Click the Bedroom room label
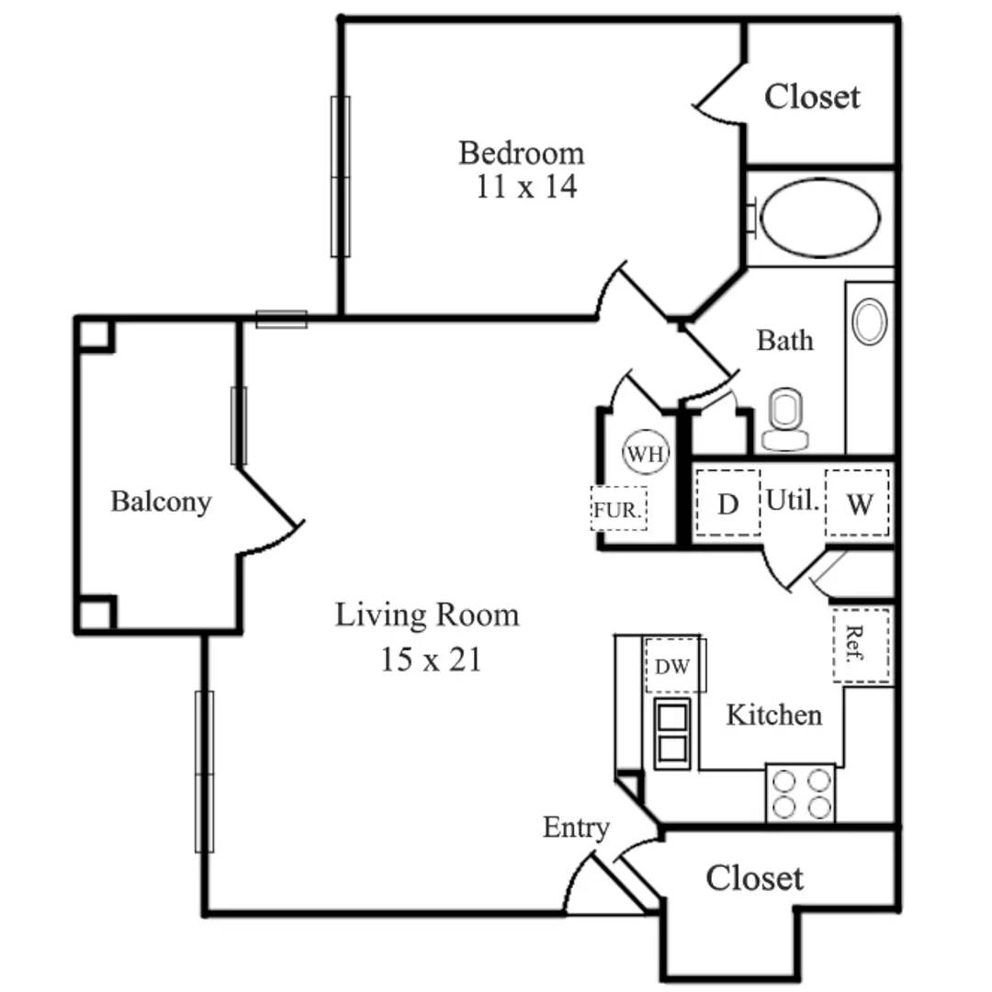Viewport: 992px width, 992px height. pyautogui.click(x=521, y=152)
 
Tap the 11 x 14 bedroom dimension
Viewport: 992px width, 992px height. pyautogui.click(x=526, y=187)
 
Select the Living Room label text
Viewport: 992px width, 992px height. pyautogui.click(x=426, y=614)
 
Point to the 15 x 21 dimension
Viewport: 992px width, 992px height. pyautogui.click(x=431, y=659)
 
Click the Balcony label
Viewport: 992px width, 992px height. pyautogui.click(x=161, y=502)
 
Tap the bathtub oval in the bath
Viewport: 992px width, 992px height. pyautogui.click(x=820, y=218)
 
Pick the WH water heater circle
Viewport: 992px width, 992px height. pyautogui.click(x=647, y=453)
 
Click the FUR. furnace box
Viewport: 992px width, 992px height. pyautogui.click(x=618, y=510)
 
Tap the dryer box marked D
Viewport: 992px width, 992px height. pyautogui.click(x=727, y=503)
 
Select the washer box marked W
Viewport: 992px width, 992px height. pyautogui.click(x=857, y=503)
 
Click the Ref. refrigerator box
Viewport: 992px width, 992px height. pyautogui.click(x=862, y=645)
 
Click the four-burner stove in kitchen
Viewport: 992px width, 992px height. pyautogui.click(x=801, y=794)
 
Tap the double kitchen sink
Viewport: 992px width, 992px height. pyautogui.click(x=672, y=732)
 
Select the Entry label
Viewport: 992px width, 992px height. pyautogui.click(x=576, y=828)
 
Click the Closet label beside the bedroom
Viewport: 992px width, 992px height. pyautogui.click(x=812, y=96)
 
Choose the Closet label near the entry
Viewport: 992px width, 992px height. pyautogui.click(x=754, y=878)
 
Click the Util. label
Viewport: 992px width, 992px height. pyautogui.click(x=792, y=501)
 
